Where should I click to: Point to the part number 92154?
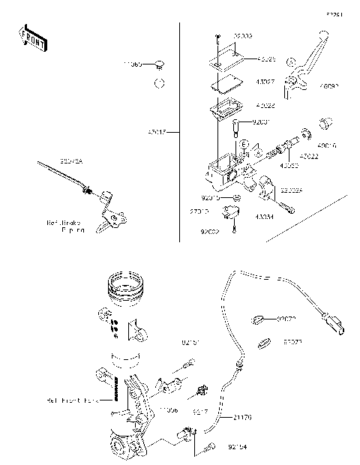point(236,448)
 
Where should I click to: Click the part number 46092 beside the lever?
point(328,87)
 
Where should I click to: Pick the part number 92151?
point(191,343)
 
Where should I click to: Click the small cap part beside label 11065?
point(160,66)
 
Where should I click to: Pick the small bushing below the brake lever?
point(325,123)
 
